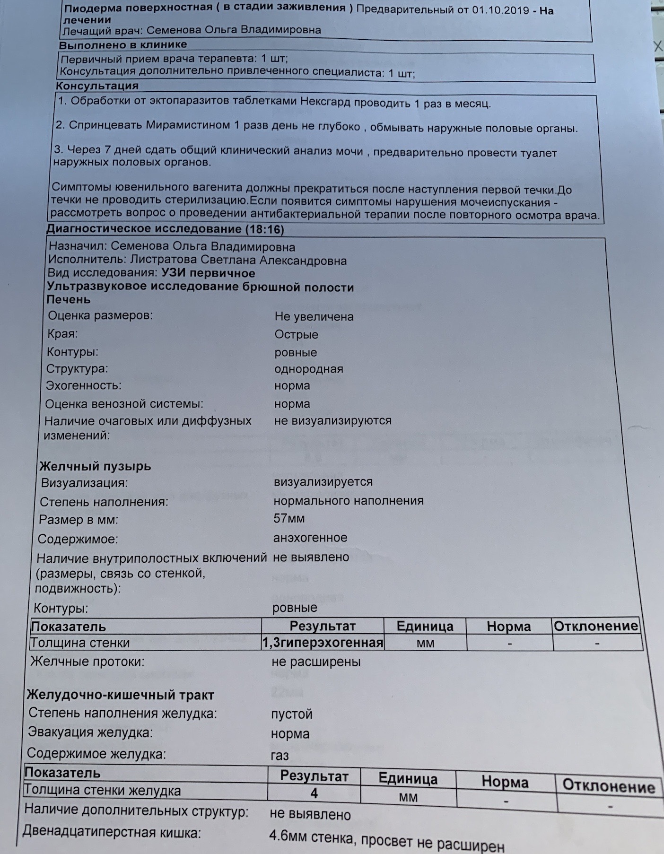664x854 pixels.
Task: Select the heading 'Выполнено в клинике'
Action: point(123,45)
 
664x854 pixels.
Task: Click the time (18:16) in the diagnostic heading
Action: point(265,230)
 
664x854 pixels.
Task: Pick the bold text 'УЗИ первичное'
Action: point(208,273)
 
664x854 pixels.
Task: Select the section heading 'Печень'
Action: point(69,299)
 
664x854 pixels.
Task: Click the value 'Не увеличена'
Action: point(314,316)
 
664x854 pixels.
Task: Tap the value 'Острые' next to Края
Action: point(296,334)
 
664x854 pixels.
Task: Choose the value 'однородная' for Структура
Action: point(309,369)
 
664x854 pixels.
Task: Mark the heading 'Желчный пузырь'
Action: point(95,466)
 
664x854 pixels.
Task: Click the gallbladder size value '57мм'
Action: point(289,519)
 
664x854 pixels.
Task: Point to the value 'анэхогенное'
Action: point(310,538)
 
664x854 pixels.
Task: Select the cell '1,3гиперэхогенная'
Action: point(323,643)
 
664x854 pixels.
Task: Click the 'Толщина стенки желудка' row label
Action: point(102,790)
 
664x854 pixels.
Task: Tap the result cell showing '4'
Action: point(314,793)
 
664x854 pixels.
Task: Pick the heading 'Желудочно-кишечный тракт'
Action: point(120,695)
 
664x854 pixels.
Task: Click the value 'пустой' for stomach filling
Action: point(291,714)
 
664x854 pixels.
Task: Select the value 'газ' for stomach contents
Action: point(280,755)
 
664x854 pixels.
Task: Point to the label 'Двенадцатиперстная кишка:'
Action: point(112,832)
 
